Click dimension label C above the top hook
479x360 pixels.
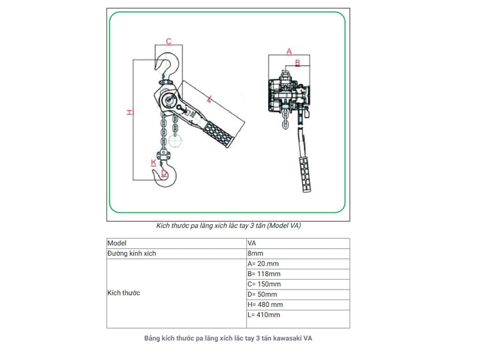169,41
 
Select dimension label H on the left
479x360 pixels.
130,112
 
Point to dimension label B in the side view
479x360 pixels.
297,62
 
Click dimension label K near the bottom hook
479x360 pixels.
153,163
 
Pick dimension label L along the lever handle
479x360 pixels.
210,99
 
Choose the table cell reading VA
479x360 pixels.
252,243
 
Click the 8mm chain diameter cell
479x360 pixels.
255,254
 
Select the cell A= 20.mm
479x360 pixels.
263,264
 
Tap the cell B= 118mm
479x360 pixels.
264,274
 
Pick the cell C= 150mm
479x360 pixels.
264,285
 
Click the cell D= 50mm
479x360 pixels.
262,294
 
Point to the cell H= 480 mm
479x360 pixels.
265,305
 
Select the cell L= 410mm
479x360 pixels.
264,315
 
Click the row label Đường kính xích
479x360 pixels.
132,254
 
